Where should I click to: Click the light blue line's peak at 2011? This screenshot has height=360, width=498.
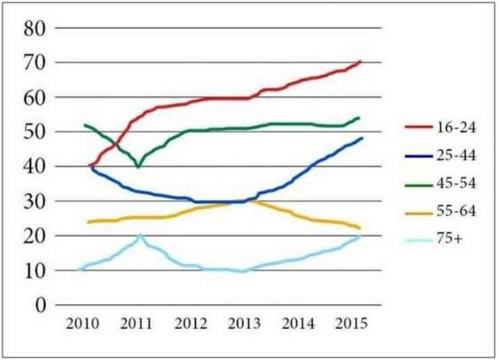click(x=140, y=235)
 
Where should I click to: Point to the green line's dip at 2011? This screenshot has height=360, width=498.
click(x=139, y=166)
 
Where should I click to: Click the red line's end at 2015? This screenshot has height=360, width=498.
click(x=361, y=61)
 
